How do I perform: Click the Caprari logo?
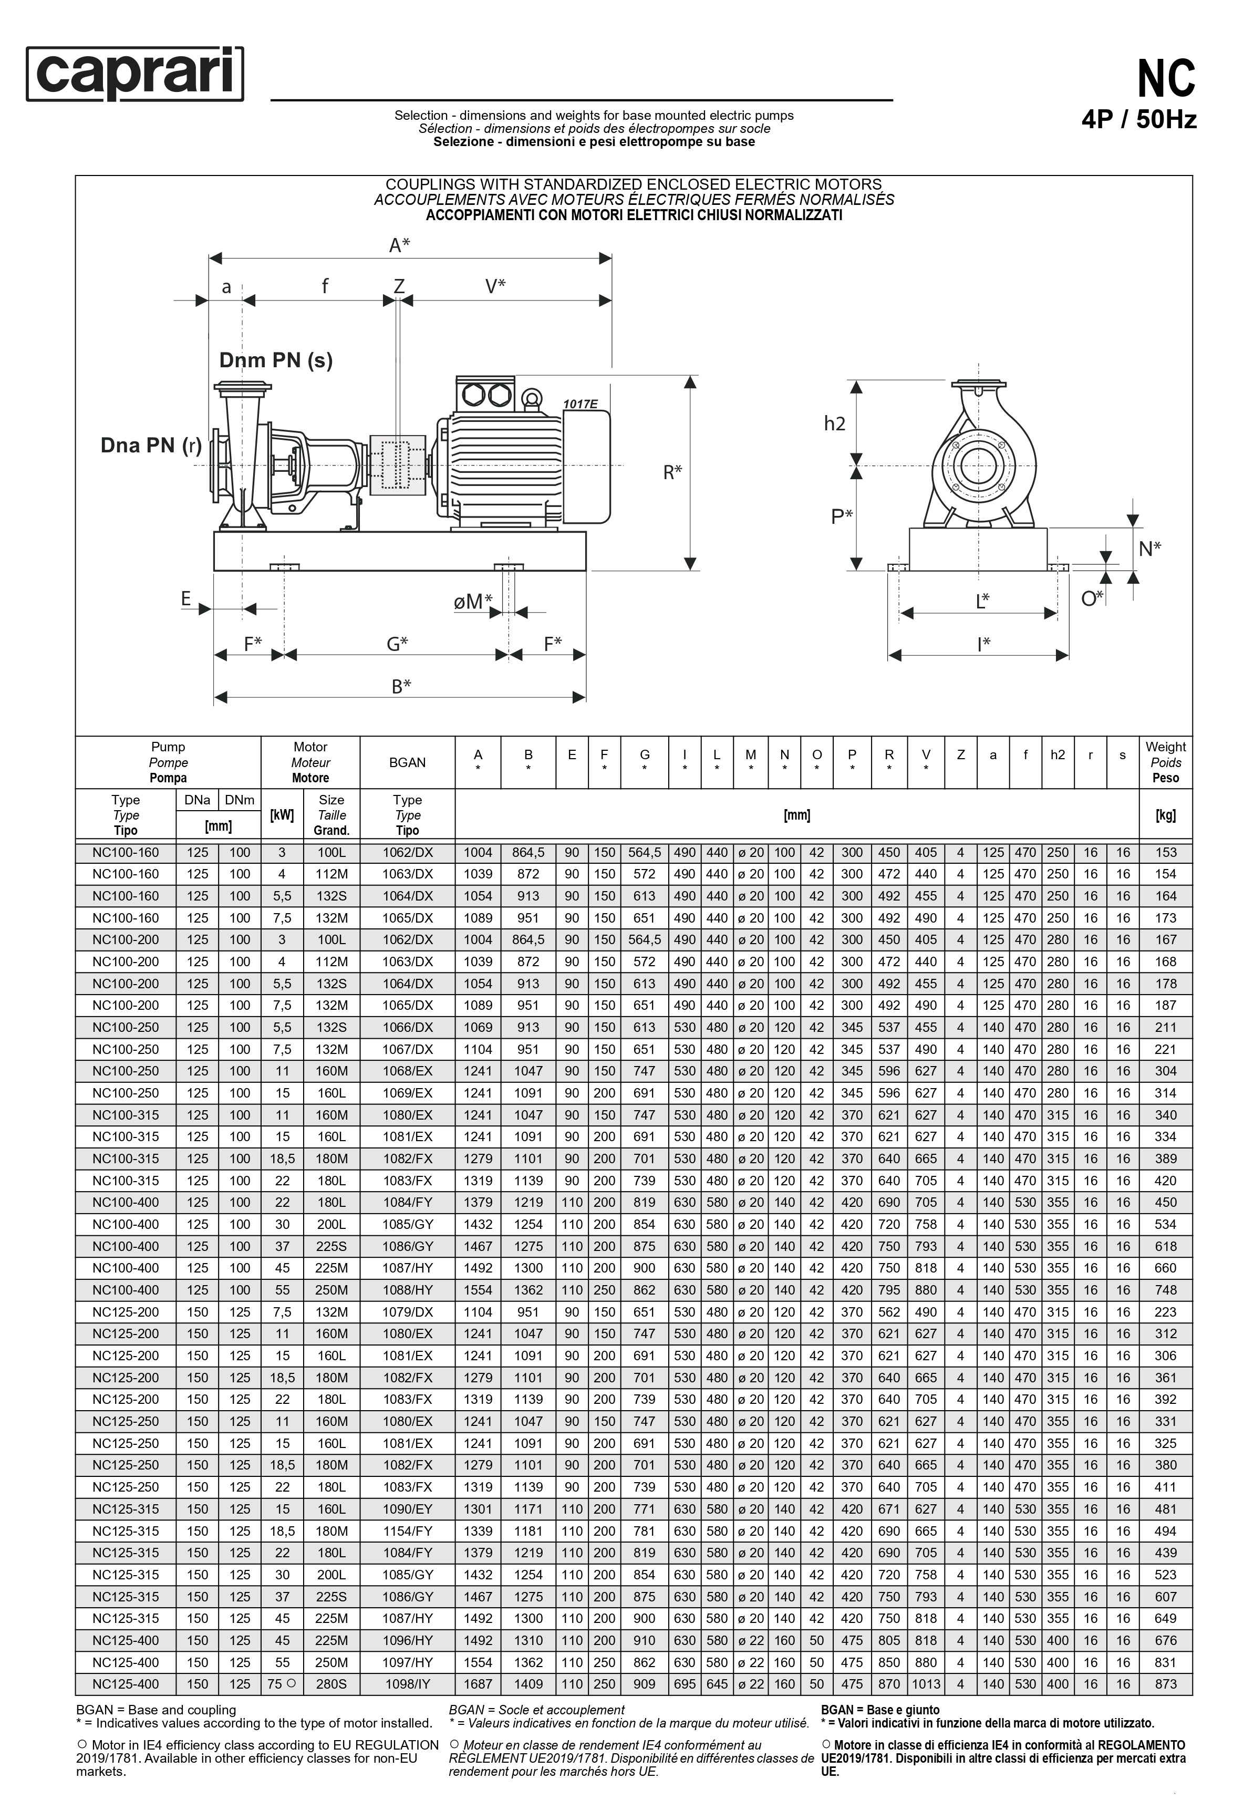pos(135,74)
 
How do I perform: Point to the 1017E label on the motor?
pos(580,405)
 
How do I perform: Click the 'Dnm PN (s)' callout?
pos(276,360)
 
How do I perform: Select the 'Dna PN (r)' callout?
pos(151,446)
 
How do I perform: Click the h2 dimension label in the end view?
pos(834,424)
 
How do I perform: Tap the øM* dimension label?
pos(473,602)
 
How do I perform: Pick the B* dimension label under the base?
pos(401,687)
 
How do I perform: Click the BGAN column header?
pos(407,762)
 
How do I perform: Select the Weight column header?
pos(1165,762)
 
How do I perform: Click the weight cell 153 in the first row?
pos(1165,852)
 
